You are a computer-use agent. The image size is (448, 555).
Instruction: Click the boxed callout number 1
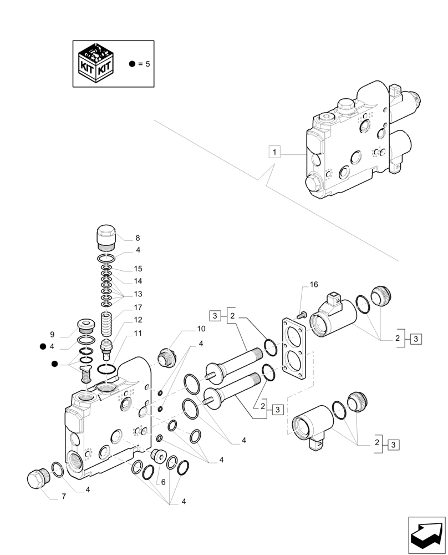tap(276, 152)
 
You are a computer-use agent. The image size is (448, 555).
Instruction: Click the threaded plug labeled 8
tap(107, 238)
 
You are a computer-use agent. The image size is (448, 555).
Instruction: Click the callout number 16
tap(314, 285)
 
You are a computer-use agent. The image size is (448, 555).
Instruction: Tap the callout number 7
tap(63, 497)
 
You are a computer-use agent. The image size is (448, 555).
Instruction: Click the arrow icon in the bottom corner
tap(426, 535)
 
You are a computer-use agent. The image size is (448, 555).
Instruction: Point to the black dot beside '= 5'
tap(132, 64)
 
